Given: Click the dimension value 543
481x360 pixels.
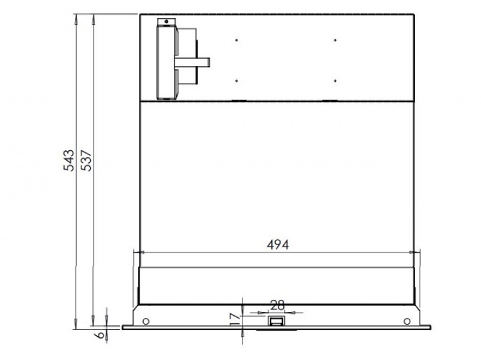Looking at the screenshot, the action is [x=69, y=160].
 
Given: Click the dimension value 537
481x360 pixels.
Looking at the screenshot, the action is [x=86, y=160].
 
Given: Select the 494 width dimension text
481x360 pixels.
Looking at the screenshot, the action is [x=278, y=244].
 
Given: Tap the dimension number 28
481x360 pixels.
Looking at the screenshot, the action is [x=278, y=305].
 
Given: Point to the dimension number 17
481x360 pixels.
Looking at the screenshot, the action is [x=235, y=319].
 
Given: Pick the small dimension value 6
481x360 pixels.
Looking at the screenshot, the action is [x=100, y=335].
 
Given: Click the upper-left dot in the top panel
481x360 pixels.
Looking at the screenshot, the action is [x=236, y=40].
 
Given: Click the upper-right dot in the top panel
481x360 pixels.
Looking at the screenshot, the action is [x=335, y=40].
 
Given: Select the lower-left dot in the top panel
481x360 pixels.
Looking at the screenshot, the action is [x=236, y=81].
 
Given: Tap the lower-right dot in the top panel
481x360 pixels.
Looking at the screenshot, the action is [x=335, y=81].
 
